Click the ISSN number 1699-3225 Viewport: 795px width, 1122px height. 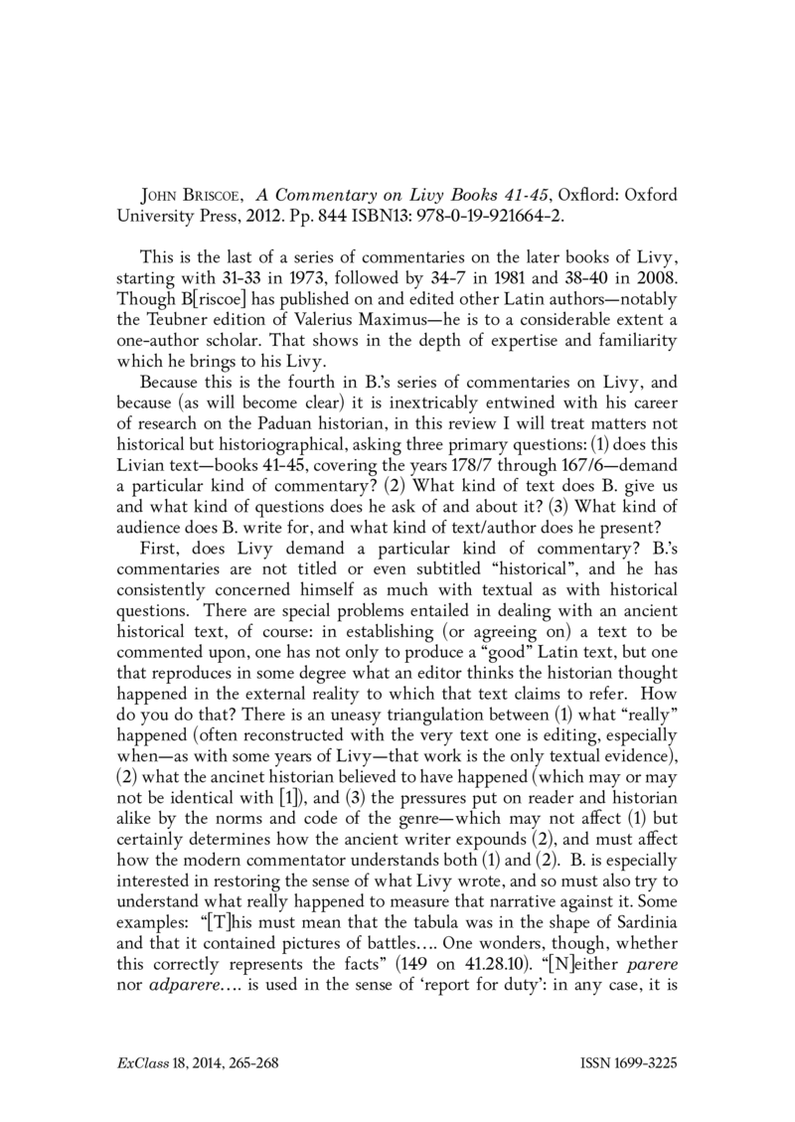coord(643,1061)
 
